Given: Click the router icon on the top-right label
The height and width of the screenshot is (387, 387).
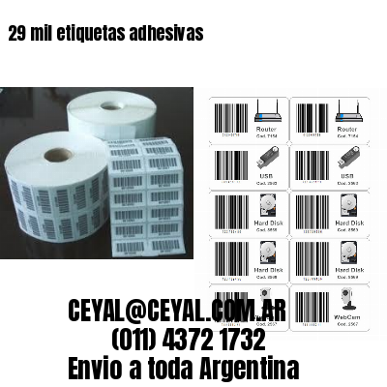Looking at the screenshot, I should click(x=342, y=111).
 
